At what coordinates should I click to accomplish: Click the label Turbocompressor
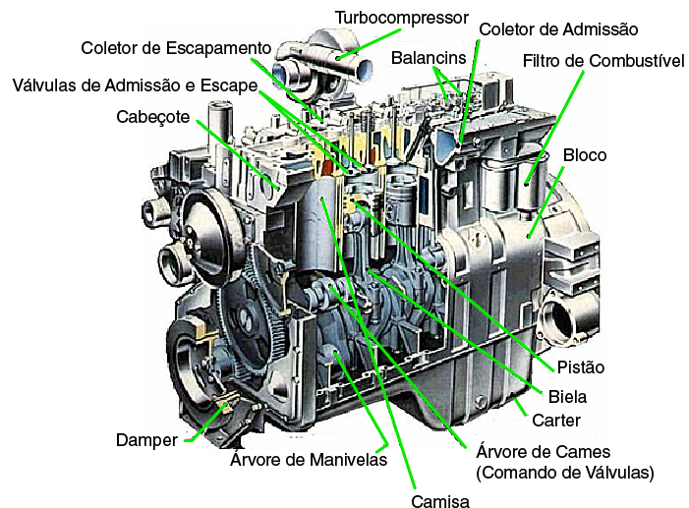(x=402, y=18)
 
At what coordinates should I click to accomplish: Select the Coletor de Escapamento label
(x=176, y=48)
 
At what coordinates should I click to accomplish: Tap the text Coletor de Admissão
(x=558, y=29)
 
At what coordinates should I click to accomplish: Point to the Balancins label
(x=429, y=58)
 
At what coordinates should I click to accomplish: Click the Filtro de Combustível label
(x=603, y=61)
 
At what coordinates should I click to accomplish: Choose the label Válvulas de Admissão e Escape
(x=135, y=85)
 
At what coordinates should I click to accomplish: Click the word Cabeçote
(x=153, y=117)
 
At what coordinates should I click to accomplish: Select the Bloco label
(x=585, y=155)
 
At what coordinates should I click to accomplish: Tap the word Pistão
(x=581, y=367)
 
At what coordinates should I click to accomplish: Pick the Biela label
(x=567, y=397)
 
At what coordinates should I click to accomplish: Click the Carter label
(x=556, y=421)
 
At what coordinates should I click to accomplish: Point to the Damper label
(x=146, y=440)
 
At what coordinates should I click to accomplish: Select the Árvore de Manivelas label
(x=309, y=460)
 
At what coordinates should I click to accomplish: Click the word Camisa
(x=440, y=500)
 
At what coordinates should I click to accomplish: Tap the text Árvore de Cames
(x=544, y=452)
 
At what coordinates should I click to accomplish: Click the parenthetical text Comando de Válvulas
(x=565, y=473)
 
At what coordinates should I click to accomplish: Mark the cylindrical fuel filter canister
(x=531, y=185)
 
